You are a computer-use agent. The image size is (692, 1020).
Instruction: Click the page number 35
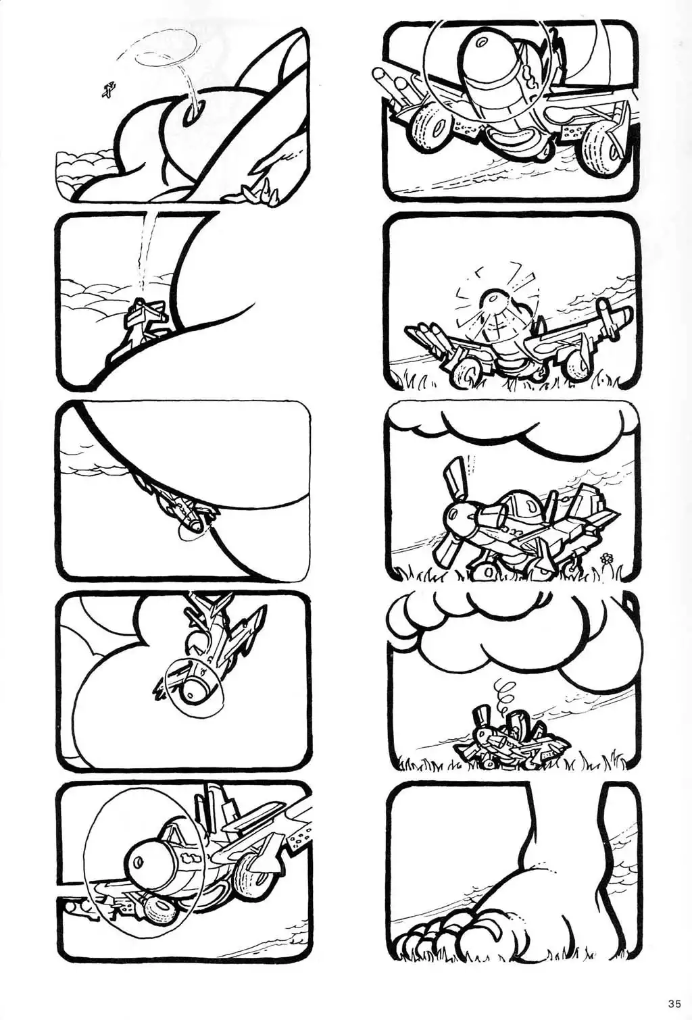click(x=674, y=1003)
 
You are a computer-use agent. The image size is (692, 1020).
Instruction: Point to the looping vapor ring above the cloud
click(x=166, y=55)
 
